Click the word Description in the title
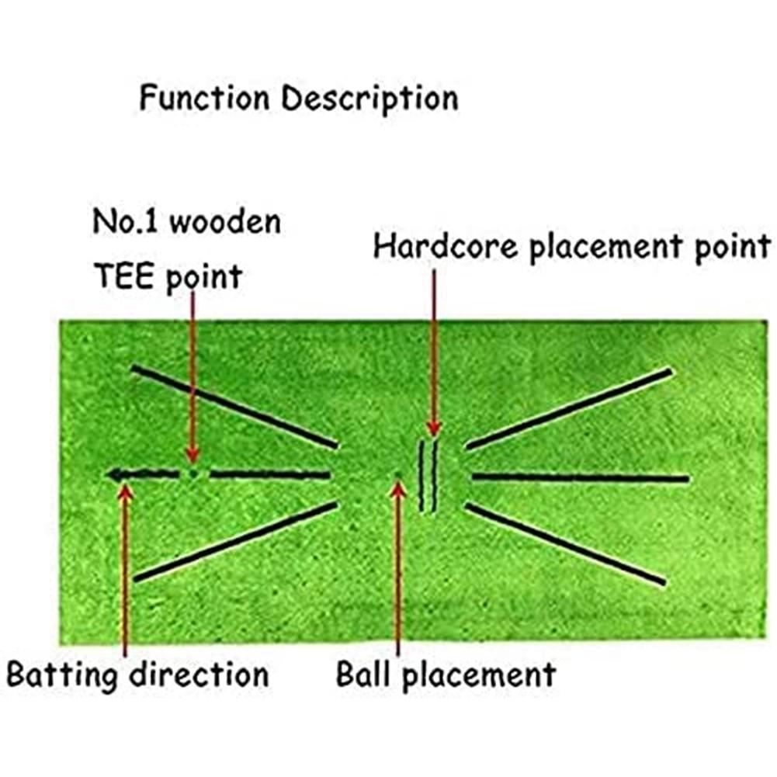point(369,100)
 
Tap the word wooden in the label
point(225,223)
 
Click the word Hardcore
point(441,248)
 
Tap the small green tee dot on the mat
point(193,473)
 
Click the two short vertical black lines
point(428,475)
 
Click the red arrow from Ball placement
point(398,567)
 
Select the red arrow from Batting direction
point(125,567)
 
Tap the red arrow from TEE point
point(192,380)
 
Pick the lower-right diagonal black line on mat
point(565,544)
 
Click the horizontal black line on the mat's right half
point(580,478)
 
